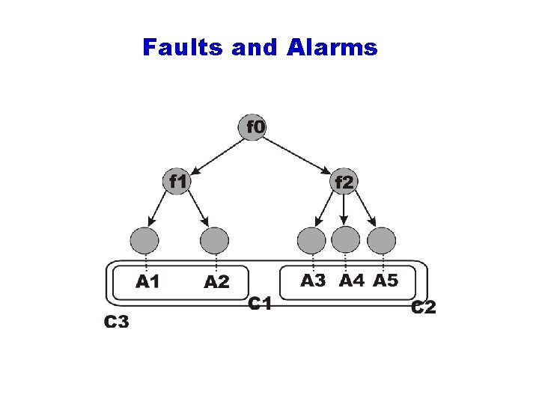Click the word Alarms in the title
click(x=332, y=48)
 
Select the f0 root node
click(x=255, y=127)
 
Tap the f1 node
click(x=177, y=181)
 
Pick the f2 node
click(x=344, y=181)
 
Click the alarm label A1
click(x=147, y=281)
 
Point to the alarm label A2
click(x=216, y=282)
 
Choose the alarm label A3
click(x=313, y=281)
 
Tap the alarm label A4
click(x=351, y=281)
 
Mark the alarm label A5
click(x=386, y=281)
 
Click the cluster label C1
click(x=259, y=304)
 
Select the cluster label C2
click(x=424, y=307)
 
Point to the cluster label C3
click(x=116, y=322)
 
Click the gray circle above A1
click(x=144, y=241)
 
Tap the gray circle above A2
click(x=215, y=241)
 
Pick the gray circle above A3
click(x=311, y=241)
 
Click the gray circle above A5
click(x=381, y=241)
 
